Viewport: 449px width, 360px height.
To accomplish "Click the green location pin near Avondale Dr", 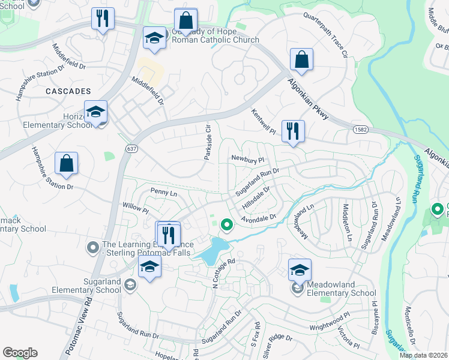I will pos(227,225).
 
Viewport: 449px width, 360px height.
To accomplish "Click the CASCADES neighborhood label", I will pos(67,91).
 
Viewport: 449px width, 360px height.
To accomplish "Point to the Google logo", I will pos(20,353).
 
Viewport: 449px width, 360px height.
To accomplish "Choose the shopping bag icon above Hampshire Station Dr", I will pos(66,163).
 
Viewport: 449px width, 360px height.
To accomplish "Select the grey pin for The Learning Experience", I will pos(92,247).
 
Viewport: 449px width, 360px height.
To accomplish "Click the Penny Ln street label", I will pos(163,193).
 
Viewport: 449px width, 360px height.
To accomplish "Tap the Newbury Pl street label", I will pos(248,160).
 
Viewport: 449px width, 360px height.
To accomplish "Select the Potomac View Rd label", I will pos(84,322).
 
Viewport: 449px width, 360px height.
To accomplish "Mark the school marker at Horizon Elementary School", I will pos(95,112).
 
